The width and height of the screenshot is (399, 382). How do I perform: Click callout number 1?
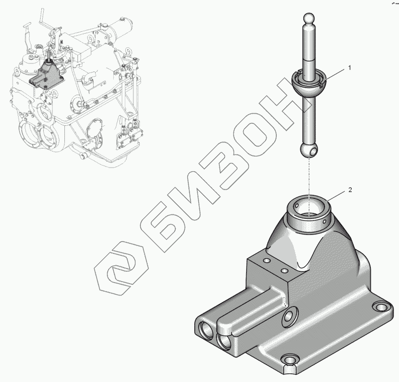point(350,68)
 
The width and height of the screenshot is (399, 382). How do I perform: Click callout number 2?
point(350,190)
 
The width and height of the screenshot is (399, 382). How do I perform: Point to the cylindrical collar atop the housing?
point(309,213)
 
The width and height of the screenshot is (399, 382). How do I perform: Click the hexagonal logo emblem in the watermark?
point(122,268)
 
